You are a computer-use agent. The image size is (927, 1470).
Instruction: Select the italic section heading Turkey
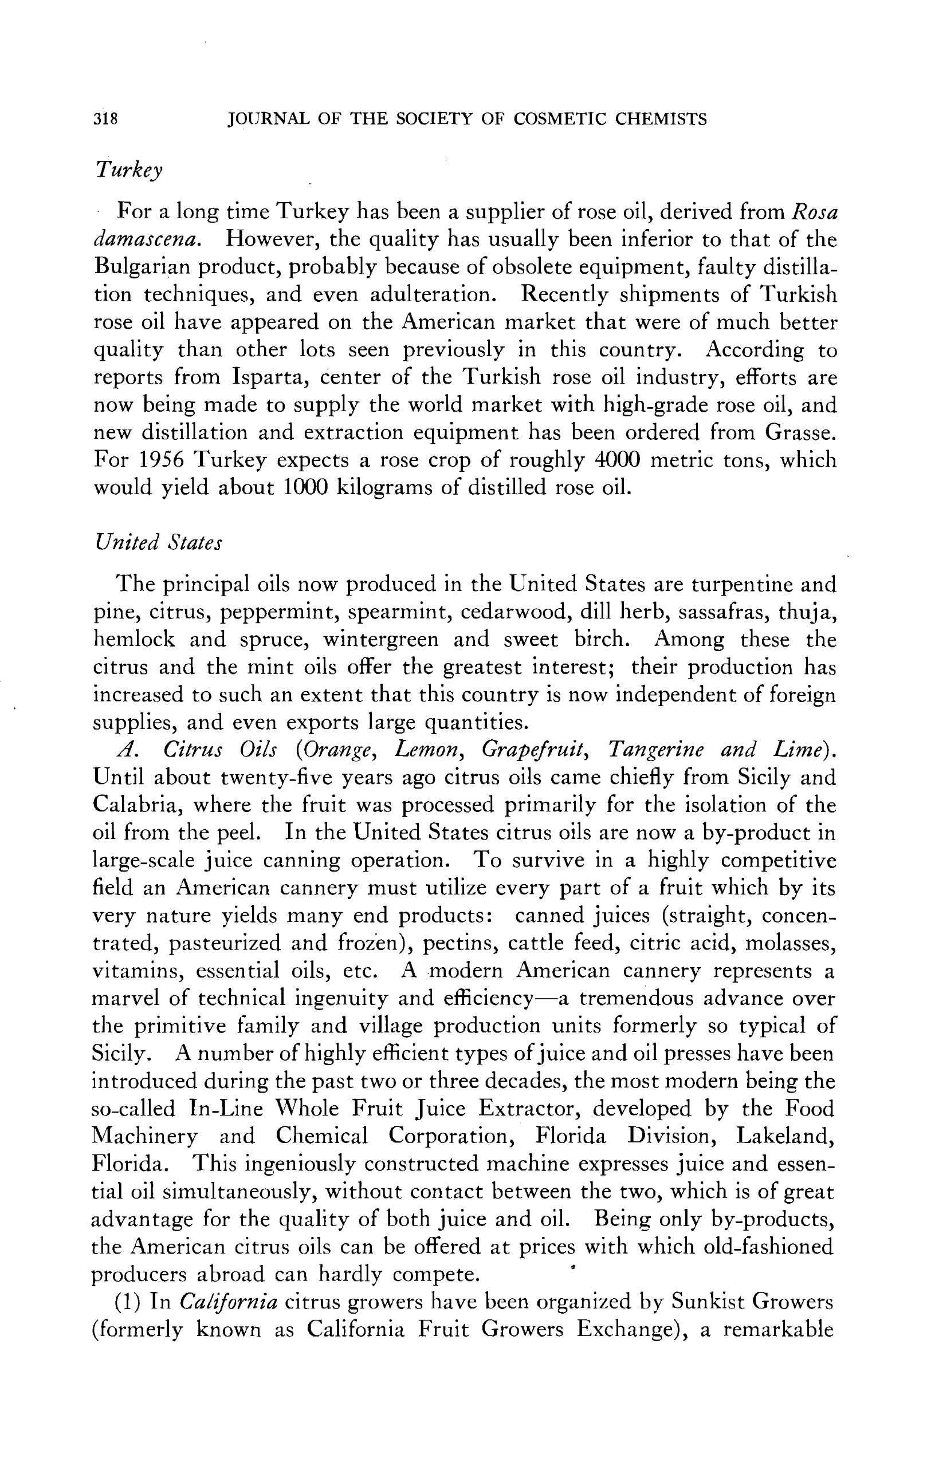pos(129,170)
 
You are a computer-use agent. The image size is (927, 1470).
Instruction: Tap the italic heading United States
pos(158,542)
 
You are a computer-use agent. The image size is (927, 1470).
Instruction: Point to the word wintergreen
pos(380,639)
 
